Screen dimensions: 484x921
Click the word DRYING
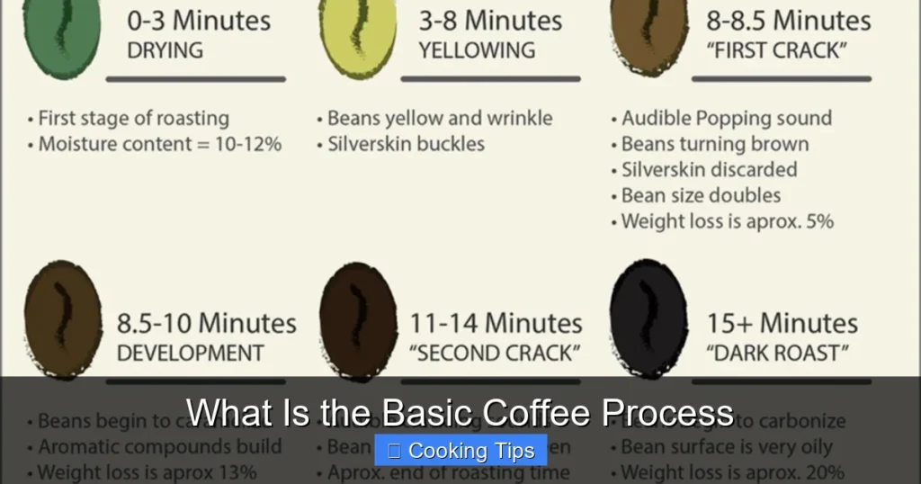tap(165, 50)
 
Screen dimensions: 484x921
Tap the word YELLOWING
tap(478, 50)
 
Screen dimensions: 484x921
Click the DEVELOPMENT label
tap(191, 353)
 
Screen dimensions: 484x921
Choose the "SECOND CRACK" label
tap(495, 353)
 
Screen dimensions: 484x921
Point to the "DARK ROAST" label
tap(778, 353)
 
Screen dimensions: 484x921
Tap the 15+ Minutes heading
tap(782, 323)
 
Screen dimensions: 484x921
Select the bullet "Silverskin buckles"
tap(406, 144)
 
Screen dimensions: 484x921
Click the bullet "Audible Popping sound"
tap(727, 118)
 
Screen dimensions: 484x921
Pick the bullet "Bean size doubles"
tap(701, 195)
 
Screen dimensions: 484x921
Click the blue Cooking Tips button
tap(460, 451)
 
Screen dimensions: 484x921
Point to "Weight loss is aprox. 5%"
tap(728, 221)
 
